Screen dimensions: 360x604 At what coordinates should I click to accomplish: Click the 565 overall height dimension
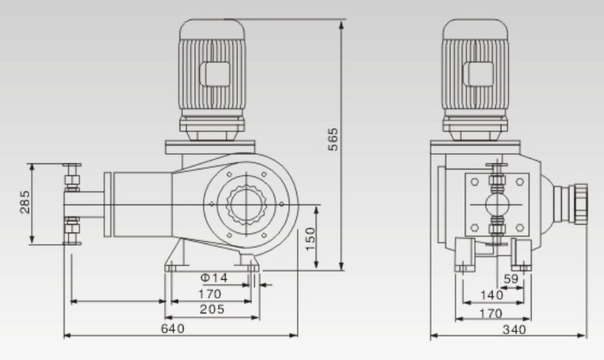(332, 140)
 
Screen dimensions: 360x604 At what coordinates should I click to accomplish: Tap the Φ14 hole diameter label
(215, 278)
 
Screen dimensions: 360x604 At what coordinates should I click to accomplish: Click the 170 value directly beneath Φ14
(210, 294)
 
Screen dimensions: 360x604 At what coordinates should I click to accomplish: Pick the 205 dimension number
(211, 309)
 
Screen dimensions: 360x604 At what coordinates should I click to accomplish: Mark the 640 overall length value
(173, 328)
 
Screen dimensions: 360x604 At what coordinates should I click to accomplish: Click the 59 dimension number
(511, 279)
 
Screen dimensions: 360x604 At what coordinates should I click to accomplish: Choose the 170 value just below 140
(490, 314)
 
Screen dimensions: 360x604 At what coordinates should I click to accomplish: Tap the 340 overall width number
(514, 329)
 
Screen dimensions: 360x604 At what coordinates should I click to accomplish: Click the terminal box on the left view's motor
(212, 75)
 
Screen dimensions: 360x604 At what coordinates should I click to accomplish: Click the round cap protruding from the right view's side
(579, 204)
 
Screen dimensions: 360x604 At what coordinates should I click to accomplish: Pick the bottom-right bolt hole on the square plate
(518, 226)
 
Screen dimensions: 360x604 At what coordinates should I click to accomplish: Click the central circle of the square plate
(496, 204)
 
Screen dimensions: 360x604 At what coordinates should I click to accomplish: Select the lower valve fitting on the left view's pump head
(72, 229)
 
